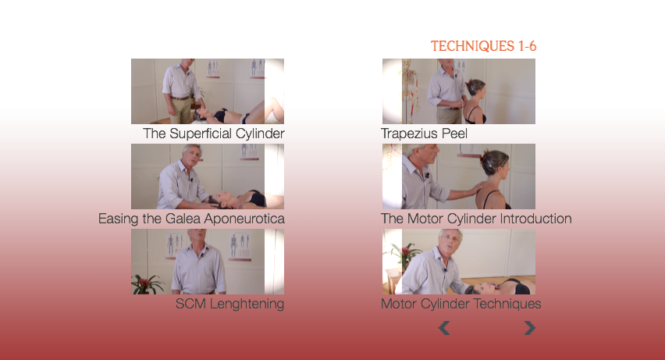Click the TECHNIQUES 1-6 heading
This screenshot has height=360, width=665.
coord(483,46)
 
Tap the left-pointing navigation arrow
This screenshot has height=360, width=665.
coord(443,328)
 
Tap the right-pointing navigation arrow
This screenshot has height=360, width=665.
coord(530,328)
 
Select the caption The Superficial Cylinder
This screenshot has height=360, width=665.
coord(214,134)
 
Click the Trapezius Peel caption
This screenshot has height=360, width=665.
coord(424,134)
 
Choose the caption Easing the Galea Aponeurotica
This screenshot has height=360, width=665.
coord(191,219)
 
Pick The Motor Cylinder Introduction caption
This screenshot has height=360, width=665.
coord(476,219)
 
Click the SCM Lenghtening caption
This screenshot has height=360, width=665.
coord(230,304)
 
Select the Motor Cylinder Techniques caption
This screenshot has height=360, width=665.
coord(461,304)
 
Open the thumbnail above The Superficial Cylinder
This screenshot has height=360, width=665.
coord(208,91)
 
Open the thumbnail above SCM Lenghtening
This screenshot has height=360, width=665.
coord(208,262)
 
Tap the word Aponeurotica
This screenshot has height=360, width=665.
coord(246,219)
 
